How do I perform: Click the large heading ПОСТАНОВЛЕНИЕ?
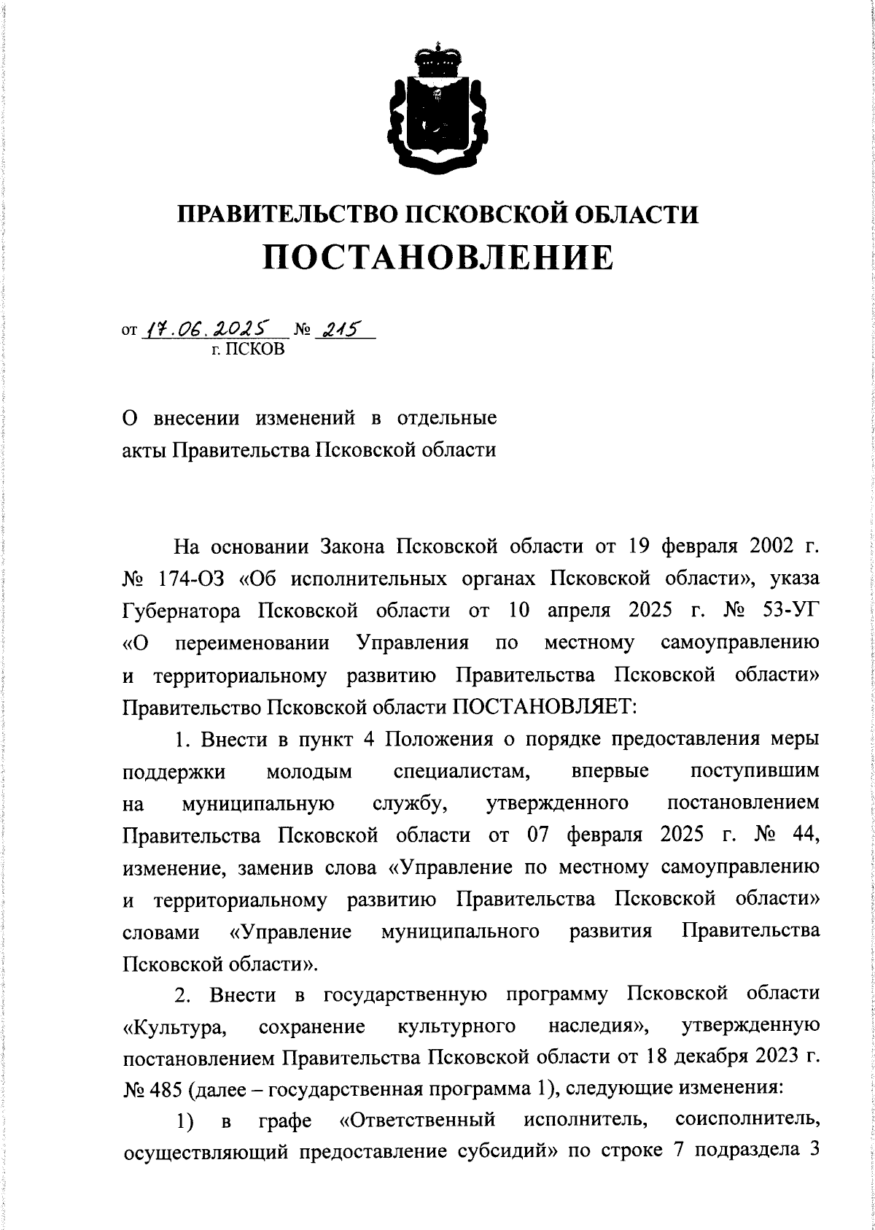[x=437, y=258]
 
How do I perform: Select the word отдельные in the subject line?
[x=446, y=419]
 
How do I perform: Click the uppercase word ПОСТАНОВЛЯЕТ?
[x=546, y=707]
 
